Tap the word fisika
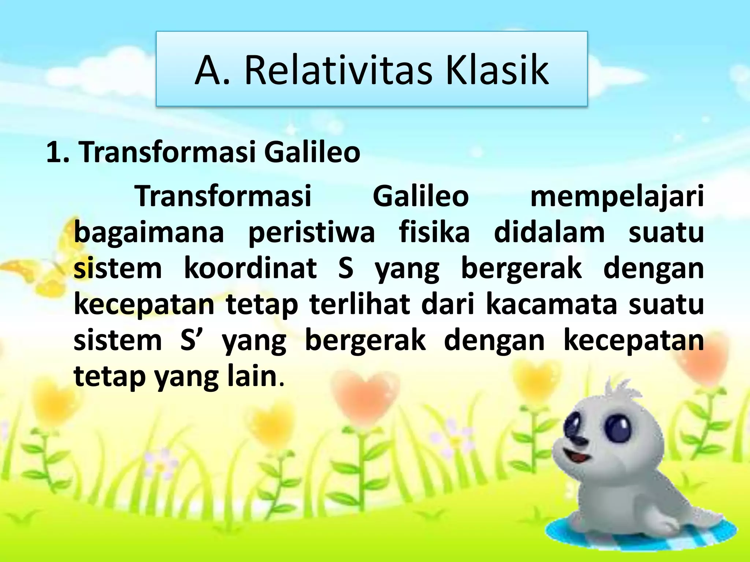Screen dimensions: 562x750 pos(434,232)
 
